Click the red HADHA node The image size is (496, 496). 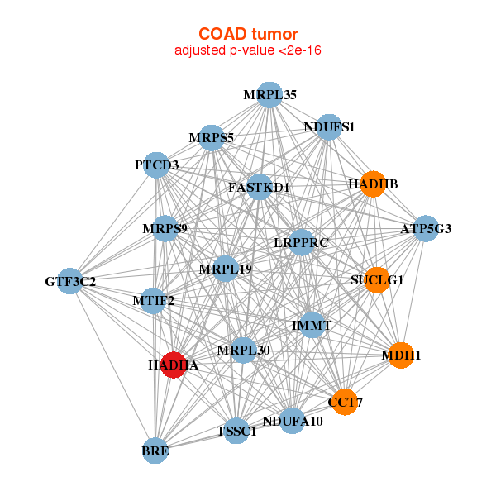(x=174, y=365)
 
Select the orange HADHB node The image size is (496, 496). (x=374, y=184)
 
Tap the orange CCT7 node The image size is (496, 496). (x=345, y=402)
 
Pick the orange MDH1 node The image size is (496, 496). (x=401, y=355)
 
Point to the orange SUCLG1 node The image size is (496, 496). (x=377, y=280)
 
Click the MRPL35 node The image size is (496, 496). (x=269, y=95)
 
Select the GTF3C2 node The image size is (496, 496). (x=70, y=281)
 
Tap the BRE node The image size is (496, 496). (x=155, y=451)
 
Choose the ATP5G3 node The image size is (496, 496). (x=426, y=229)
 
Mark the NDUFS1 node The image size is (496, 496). (x=329, y=127)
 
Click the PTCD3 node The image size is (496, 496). (x=156, y=165)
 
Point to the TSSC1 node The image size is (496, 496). (x=236, y=431)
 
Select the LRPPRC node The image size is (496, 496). (x=302, y=242)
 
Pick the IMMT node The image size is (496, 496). (x=312, y=325)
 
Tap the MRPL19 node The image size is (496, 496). (x=225, y=269)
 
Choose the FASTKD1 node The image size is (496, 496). (x=260, y=187)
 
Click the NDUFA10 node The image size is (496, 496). (x=293, y=421)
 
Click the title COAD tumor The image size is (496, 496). (x=248, y=34)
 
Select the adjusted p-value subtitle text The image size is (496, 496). (x=248, y=50)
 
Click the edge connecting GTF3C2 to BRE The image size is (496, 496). (x=112, y=366)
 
